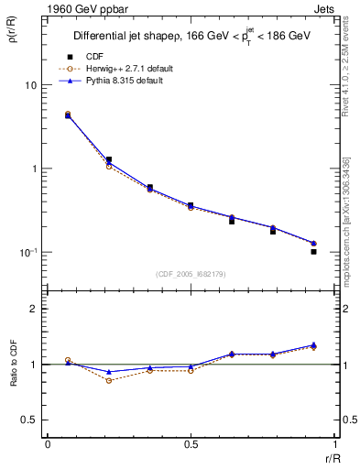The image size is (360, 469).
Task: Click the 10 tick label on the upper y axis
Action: tap(30, 85)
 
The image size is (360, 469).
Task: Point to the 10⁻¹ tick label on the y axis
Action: tap(27, 252)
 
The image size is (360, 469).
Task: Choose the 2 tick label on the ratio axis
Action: tap(35, 309)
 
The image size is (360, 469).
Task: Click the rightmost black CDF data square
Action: tap(313, 251)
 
